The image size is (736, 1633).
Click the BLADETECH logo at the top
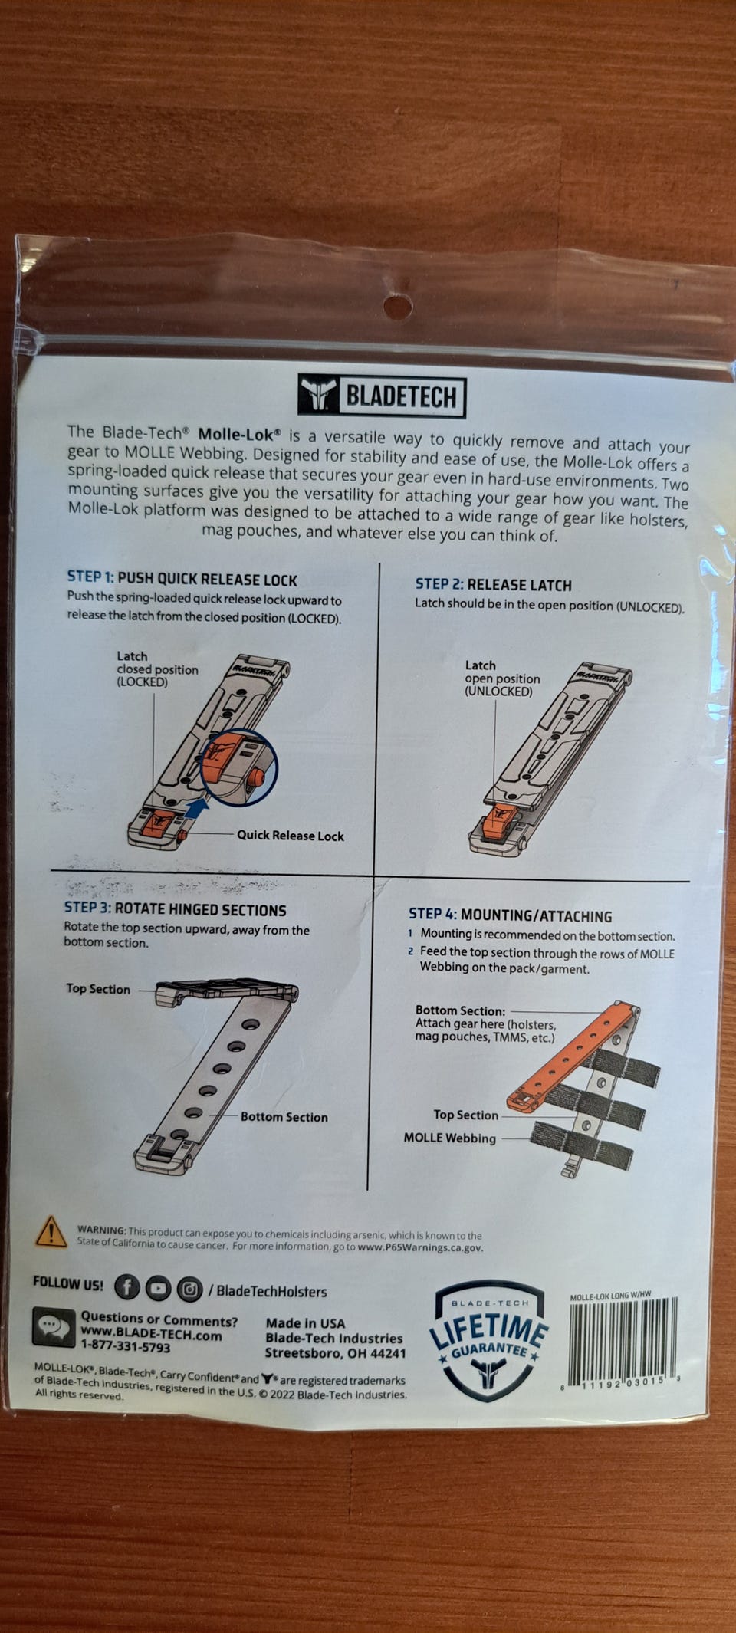[x=382, y=396]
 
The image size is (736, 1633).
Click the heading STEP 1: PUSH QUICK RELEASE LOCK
[x=182, y=579]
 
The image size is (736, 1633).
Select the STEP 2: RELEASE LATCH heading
[x=494, y=585]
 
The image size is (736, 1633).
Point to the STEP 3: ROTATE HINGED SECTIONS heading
[x=175, y=909]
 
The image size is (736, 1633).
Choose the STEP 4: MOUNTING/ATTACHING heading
[x=510, y=915]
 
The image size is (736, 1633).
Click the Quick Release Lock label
[x=290, y=836]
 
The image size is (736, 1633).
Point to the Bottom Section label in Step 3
[x=284, y=1117]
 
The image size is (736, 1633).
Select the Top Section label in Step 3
[x=98, y=989]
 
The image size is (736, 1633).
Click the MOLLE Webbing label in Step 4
[x=450, y=1138]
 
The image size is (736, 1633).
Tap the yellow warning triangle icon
[x=51, y=1231]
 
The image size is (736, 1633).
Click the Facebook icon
[x=127, y=1287]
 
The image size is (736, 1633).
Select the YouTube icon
[x=158, y=1289]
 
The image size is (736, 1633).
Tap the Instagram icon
[x=189, y=1290]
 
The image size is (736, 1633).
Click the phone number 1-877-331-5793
[x=126, y=1346]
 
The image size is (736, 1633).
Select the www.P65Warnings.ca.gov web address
[x=420, y=1247]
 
